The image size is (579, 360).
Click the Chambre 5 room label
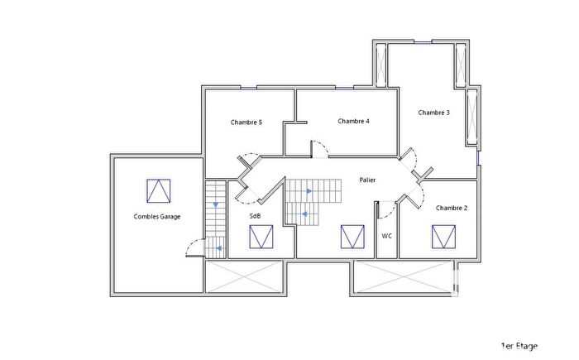[246, 122]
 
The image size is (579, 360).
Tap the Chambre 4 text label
[353, 121]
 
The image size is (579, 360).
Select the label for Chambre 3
[433, 113]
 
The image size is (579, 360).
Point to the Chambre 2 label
[452, 208]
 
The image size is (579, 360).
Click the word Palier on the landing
[368, 180]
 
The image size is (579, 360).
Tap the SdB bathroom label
[256, 216]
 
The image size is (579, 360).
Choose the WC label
[386, 236]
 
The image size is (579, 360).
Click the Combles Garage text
[157, 217]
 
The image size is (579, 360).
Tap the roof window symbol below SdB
[262, 238]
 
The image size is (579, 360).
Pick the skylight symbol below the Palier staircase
[352, 237]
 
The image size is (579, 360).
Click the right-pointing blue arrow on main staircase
[308, 191]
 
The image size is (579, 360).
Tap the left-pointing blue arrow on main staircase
[304, 214]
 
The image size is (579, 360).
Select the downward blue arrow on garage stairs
[216, 204]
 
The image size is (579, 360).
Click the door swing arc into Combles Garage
[193, 246]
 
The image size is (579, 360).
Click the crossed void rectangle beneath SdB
[244, 275]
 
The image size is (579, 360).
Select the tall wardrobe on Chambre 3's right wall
[471, 116]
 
